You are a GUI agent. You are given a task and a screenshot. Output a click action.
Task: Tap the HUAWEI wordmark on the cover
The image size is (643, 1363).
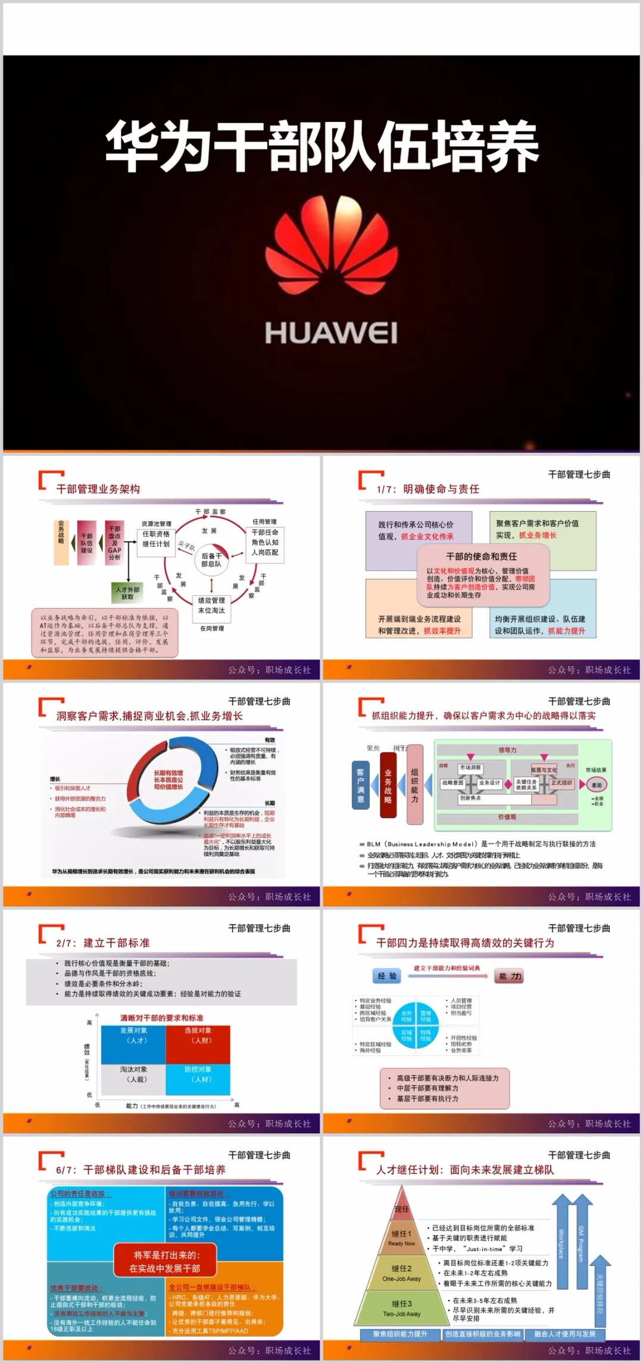click(x=331, y=333)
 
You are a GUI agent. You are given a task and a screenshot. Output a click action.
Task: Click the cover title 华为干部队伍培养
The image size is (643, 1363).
click(x=322, y=146)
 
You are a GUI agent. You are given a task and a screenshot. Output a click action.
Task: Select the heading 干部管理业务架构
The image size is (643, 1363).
click(x=98, y=489)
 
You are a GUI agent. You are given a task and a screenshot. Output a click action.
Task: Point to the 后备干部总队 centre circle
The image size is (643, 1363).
click(x=211, y=559)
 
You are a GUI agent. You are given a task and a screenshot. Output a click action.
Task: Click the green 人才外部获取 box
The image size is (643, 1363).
click(x=128, y=593)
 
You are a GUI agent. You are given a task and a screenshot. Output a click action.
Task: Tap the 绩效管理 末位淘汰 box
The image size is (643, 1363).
click(x=211, y=605)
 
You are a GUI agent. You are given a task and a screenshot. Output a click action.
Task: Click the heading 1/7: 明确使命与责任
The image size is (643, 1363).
click(x=428, y=489)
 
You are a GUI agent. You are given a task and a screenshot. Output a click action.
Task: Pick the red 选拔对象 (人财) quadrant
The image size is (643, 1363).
click(x=198, y=1044)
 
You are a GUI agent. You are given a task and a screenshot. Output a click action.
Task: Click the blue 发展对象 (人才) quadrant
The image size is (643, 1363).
click(x=133, y=1044)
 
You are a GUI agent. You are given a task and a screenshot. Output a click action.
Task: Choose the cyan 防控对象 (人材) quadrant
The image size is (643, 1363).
click(x=198, y=1079)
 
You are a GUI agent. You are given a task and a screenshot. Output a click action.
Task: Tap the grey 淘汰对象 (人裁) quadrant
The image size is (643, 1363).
click(x=133, y=1079)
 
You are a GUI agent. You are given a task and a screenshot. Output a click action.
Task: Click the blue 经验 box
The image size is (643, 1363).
click(x=387, y=976)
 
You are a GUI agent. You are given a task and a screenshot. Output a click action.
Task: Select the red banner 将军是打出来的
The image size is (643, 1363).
click(x=165, y=1261)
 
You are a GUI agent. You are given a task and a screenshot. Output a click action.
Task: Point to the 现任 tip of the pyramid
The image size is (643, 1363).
click(x=402, y=1208)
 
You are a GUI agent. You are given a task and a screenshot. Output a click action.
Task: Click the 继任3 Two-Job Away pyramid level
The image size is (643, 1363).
click(x=402, y=1308)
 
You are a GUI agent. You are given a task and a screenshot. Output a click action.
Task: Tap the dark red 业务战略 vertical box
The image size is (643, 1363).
click(x=388, y=785)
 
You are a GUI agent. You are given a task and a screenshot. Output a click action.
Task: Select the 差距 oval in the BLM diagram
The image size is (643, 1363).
click(x=597, y=785)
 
